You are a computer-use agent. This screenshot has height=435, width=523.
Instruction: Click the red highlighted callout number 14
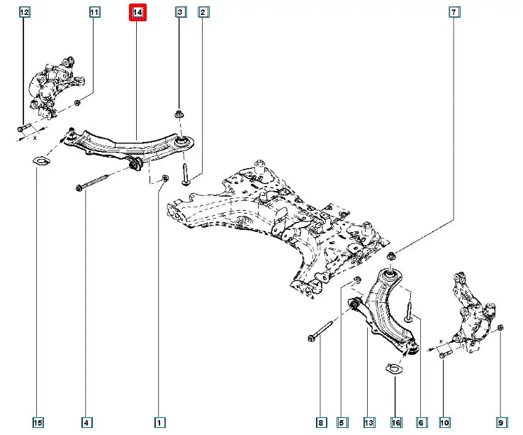tap(137, 13)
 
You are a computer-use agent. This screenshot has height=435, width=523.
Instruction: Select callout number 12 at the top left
tap(24, 13)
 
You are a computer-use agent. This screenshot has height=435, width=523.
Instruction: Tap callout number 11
tap(94, 13)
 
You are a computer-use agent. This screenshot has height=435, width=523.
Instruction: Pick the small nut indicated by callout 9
tap(501, 327)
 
